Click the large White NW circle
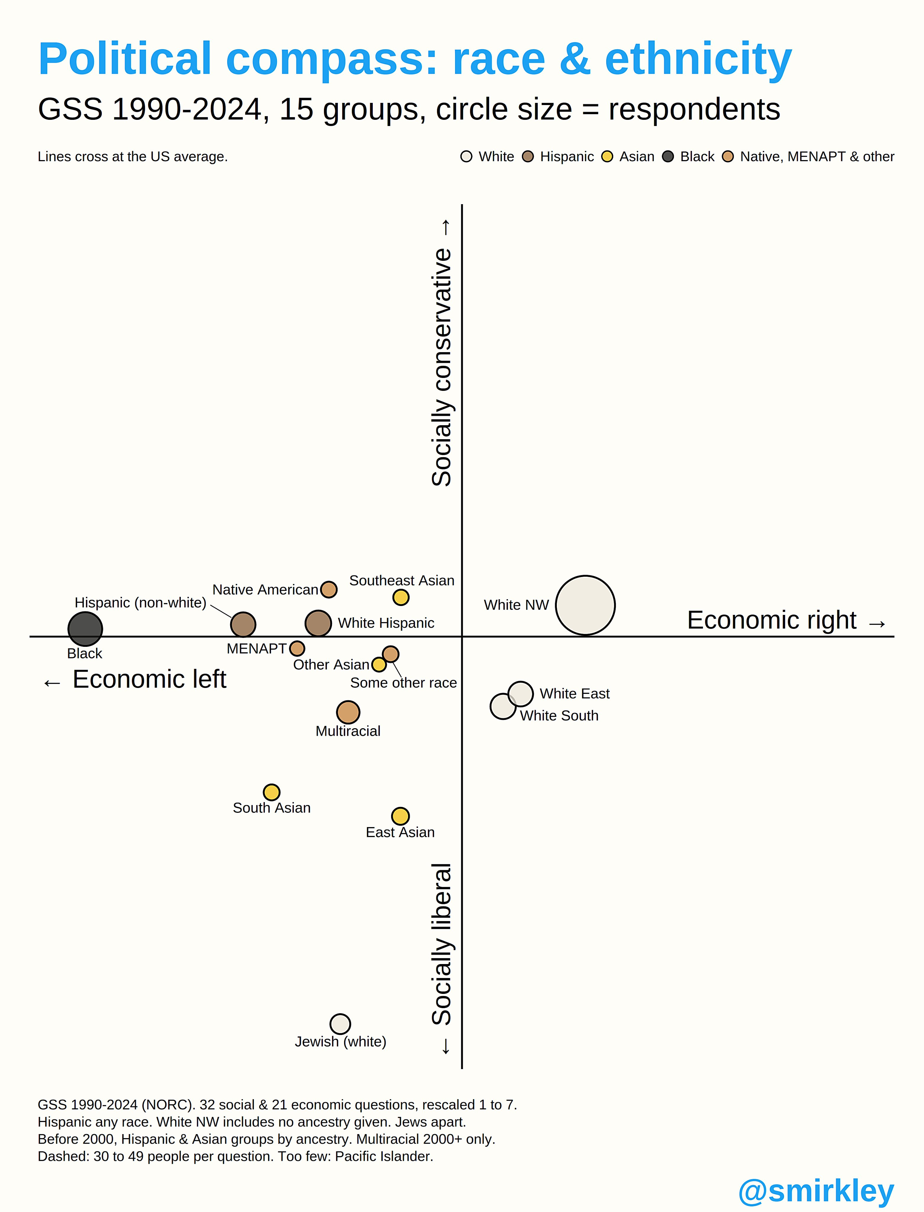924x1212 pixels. point(585,605)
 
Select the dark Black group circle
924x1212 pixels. point(85,628)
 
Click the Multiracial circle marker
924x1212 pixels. point(348,712)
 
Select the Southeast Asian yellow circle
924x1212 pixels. point(401,597)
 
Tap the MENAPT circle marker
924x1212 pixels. point(297,648)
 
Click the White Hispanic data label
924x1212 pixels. point(386,623)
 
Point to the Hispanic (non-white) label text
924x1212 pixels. point(140,603)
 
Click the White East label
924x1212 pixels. point(575,693)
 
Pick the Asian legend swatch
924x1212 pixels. point(607,157)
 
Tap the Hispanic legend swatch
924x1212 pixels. point(528,157)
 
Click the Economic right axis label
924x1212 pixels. point(772,620)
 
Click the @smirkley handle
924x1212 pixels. point(816,1191)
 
